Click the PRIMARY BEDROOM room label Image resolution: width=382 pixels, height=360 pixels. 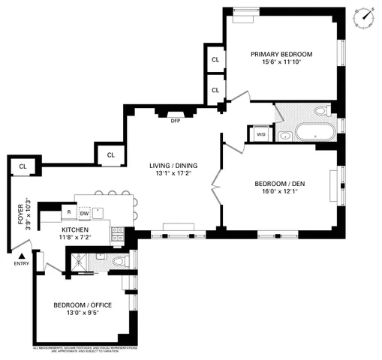click(281, 54)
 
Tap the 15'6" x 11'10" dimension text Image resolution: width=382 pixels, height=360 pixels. click(281, 64)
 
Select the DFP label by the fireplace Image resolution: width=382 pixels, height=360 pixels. click(176, 121)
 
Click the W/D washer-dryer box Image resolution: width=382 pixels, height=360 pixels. click(260, 134)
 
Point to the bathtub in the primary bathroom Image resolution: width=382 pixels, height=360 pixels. click(315, 133)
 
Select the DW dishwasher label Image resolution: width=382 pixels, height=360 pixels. click(85, 213)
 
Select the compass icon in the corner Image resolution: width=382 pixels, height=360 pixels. click(366, 14)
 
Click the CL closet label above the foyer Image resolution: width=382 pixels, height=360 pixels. click(23, 166)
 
